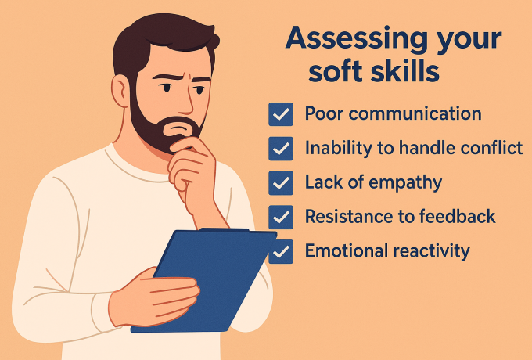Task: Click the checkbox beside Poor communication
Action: [280, 114]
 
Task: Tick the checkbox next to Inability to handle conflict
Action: [280, 149]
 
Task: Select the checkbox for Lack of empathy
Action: [280, 183]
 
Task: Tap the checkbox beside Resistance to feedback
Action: [280, 217]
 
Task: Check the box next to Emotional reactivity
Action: [280, 251]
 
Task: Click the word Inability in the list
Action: [336, 148]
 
